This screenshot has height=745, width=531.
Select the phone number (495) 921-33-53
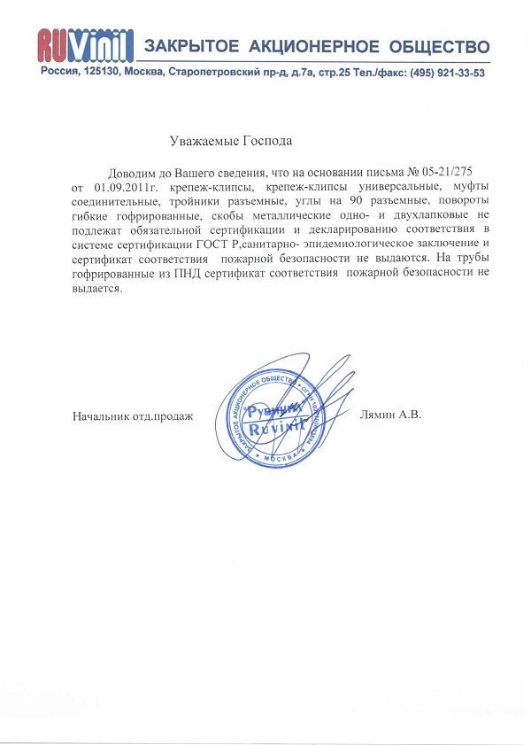coord(446,73)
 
